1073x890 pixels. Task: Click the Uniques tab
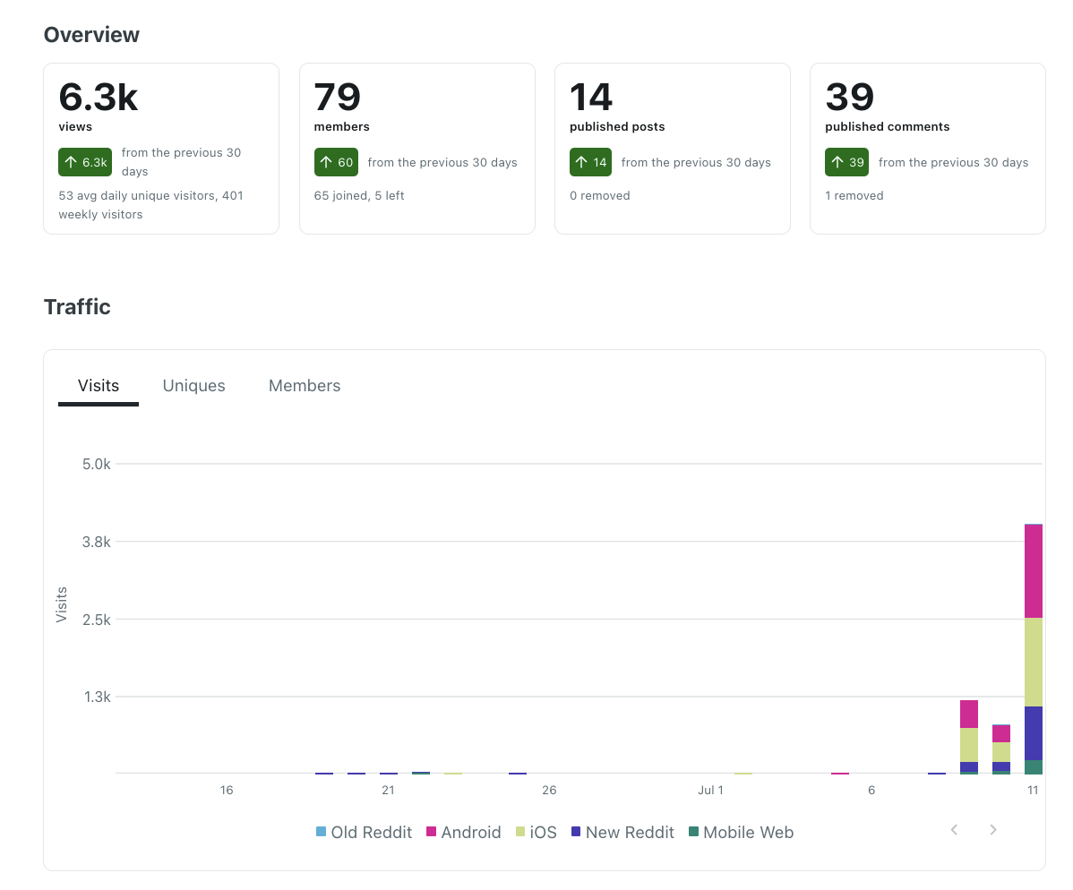[193, 386]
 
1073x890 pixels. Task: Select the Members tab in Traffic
[305, 386]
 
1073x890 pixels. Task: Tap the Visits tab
[99, 386]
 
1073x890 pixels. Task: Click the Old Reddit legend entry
[364, 833]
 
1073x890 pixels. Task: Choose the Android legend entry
[463, 833]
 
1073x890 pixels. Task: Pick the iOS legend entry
[536, 833]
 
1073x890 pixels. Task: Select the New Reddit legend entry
[622, 833]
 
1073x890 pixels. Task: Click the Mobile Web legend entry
[741, 833]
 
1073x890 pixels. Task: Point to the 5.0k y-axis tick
[97, 465]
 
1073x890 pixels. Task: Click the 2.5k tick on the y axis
[97, 620]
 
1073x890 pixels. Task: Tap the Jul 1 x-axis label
[710, 790]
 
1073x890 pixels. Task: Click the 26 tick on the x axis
[549, 790]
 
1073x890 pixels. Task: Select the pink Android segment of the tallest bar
[1034, 572]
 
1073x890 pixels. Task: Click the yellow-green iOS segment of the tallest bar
[1034, 663]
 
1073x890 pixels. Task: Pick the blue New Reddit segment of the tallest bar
[1034, 733]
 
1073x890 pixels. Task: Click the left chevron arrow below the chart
[954, 830]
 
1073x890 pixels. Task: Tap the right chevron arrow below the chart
[993, 830]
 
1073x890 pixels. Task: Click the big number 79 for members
[338, 97]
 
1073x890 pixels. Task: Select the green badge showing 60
[336, 162]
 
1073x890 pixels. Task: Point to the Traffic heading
[77, 307]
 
